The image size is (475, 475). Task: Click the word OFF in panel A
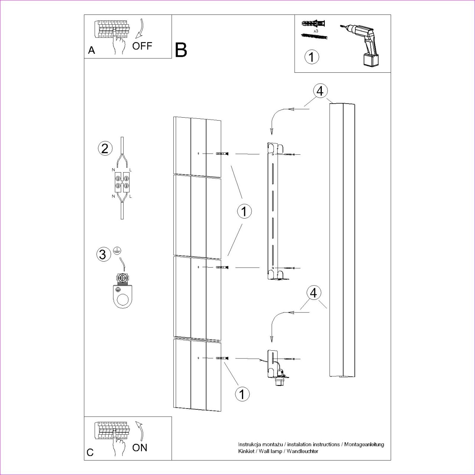[142, 46]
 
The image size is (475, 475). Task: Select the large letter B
[181, 50]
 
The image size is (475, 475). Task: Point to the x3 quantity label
[316, 31]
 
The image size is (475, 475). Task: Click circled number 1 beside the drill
[312, 57]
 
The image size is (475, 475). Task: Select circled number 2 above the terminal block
[105, 149]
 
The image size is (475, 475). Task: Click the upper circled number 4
[320, 91]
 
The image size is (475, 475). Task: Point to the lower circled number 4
[314, 293]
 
